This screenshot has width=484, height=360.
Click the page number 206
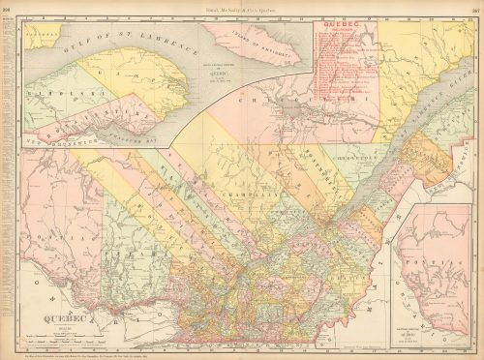tap(6, 5)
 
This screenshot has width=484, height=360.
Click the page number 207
tap(477, 5)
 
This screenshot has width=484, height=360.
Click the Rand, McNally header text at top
tap(242, 5)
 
